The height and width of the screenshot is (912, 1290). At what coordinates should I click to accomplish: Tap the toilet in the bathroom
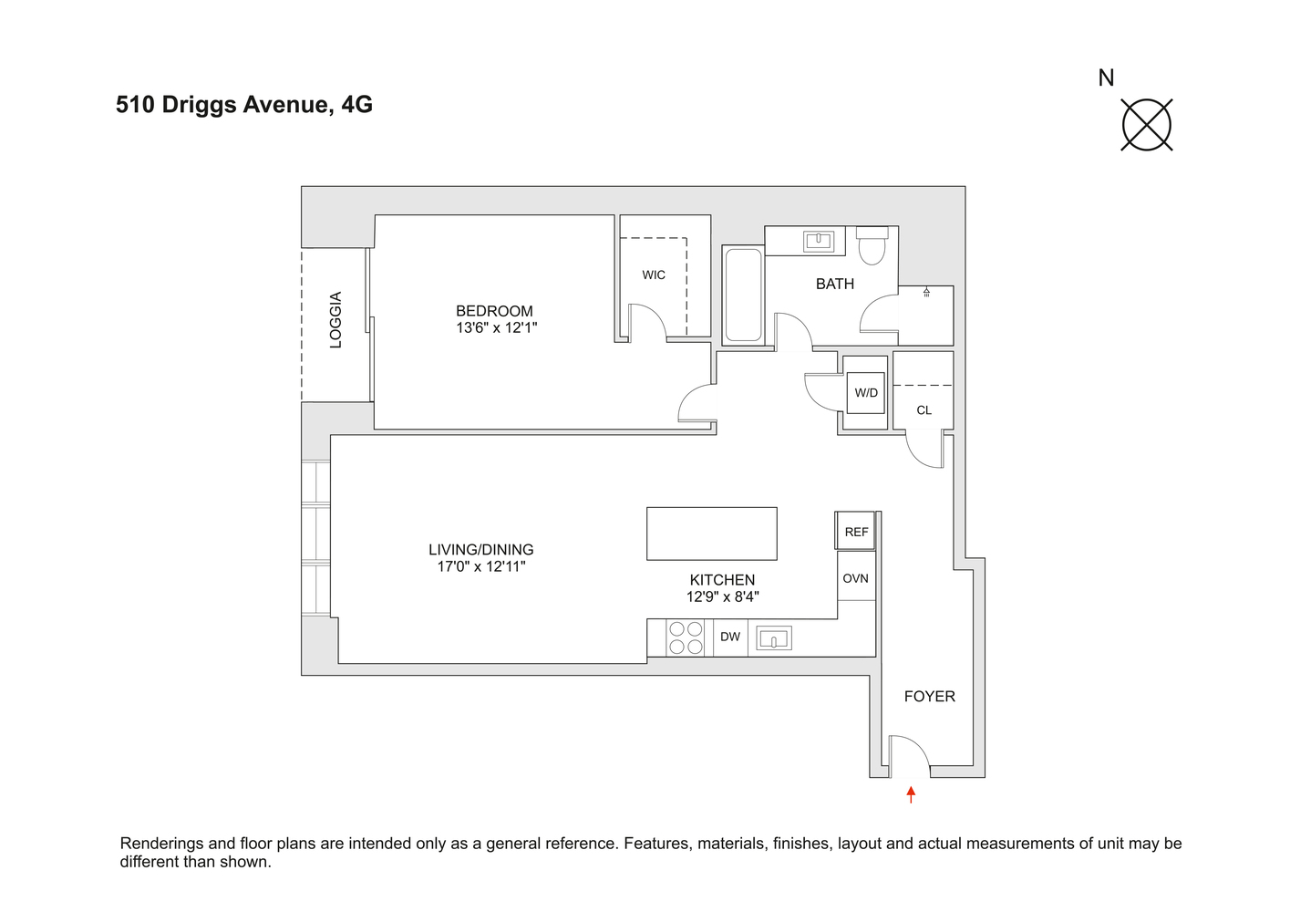[872, 245]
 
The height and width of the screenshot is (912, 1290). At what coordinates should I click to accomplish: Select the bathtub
[743, 295]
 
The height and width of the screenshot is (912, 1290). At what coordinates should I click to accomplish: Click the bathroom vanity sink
[819, 241]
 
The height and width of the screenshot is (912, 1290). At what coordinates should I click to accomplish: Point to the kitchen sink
[773, 638]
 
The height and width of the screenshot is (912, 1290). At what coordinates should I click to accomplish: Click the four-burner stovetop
[686, 637]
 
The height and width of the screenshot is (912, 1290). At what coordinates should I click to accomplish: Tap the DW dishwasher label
[729, 637]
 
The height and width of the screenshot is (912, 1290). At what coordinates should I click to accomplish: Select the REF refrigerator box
[855, 531]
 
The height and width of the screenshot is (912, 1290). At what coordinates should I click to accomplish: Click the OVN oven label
[855, 578]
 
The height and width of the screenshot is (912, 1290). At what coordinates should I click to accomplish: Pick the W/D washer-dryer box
[865, 393]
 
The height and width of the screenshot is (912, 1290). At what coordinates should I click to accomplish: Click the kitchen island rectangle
[712, 534]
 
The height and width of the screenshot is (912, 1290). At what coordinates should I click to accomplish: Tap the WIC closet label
[654, 275]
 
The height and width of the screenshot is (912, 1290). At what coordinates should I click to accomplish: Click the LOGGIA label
[335, 320]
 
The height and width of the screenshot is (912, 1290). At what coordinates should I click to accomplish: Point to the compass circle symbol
[1146, 125]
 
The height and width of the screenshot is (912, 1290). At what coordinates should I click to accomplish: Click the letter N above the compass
[1106, 78]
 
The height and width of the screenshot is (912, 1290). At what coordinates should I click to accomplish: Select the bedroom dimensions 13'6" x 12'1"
[497, 327]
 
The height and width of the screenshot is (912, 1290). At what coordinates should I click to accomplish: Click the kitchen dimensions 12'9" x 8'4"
[722, 596]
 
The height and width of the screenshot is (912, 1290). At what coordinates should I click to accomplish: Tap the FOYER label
[930, 697]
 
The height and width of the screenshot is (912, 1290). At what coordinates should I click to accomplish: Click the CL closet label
[924, 410]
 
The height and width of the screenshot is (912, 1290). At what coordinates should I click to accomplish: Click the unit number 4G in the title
[357, 105]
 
